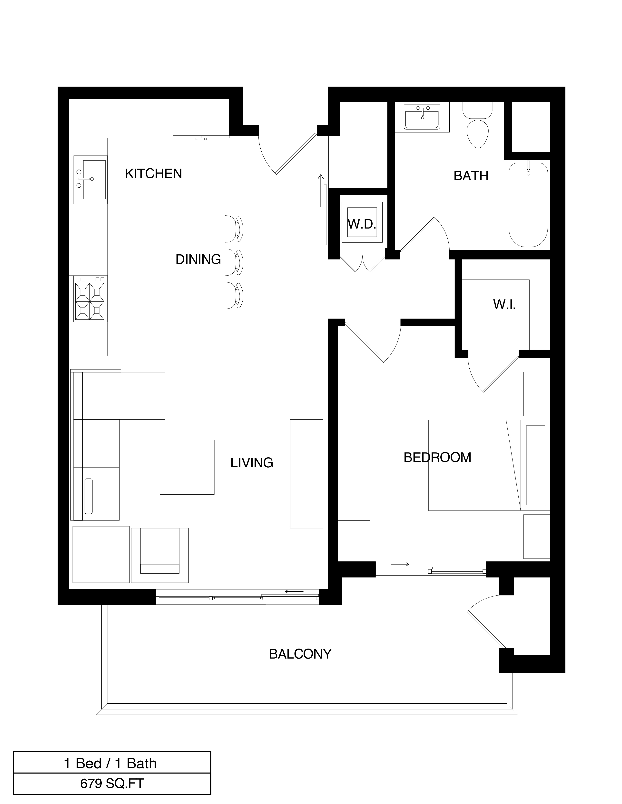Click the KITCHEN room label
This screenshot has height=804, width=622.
click(x=153, y=173)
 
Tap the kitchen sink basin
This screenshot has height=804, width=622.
click(x=94, y=179)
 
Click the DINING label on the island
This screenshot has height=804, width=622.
click(x=198, y=259)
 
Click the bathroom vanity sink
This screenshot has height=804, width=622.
click(x=422, y=117)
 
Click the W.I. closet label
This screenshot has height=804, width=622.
click(x=504, y=305)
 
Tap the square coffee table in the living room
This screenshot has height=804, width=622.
click(x=187, y=467)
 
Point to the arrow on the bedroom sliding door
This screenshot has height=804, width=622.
click(x=400, y=564)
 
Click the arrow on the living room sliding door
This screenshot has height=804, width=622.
click(x=294, y=592)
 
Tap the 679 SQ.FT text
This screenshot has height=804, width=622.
click(x=112, y=783)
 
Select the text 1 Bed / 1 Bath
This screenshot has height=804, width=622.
click(x=110, y=764)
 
